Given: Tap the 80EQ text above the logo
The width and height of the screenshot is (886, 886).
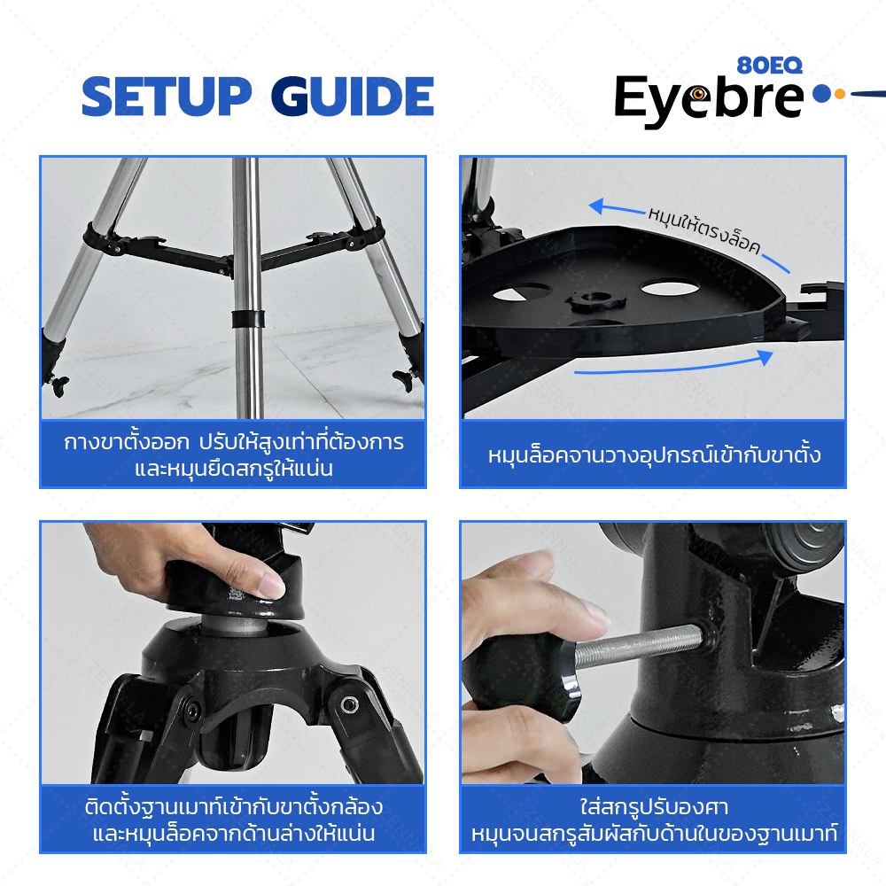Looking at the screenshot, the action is pyautogui.click(x=770, y=66).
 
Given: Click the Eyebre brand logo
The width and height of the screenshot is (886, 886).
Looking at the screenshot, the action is pyautogui.click(x=709, y=101).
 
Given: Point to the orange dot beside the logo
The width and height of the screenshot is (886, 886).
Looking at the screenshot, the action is pyautogui.click(x=839, y=94).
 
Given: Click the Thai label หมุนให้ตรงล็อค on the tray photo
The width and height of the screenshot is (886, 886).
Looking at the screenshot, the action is pyautogui.click(x=704, y=230).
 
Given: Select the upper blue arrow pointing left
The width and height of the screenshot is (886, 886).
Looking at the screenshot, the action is pyautogui.click(x=617, y=207).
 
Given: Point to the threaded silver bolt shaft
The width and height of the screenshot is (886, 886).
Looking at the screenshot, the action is pyautogui.click(x=638, y=648).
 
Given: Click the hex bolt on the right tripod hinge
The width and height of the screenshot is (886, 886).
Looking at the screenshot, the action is pyautogui.click(x=346, y=704).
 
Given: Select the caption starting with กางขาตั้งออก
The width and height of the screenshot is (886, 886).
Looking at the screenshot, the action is pyautogui.click(x=233, y=455).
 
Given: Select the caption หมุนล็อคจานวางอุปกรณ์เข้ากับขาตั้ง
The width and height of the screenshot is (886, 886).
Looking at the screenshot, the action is pyautogui.click(x=654, y=455).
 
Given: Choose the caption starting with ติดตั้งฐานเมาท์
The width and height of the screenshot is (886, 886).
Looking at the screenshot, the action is pyautogui.click(x=233, y=820).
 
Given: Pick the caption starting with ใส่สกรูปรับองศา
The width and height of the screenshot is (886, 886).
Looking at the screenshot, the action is pyautogui.click(x=654, y=820).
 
